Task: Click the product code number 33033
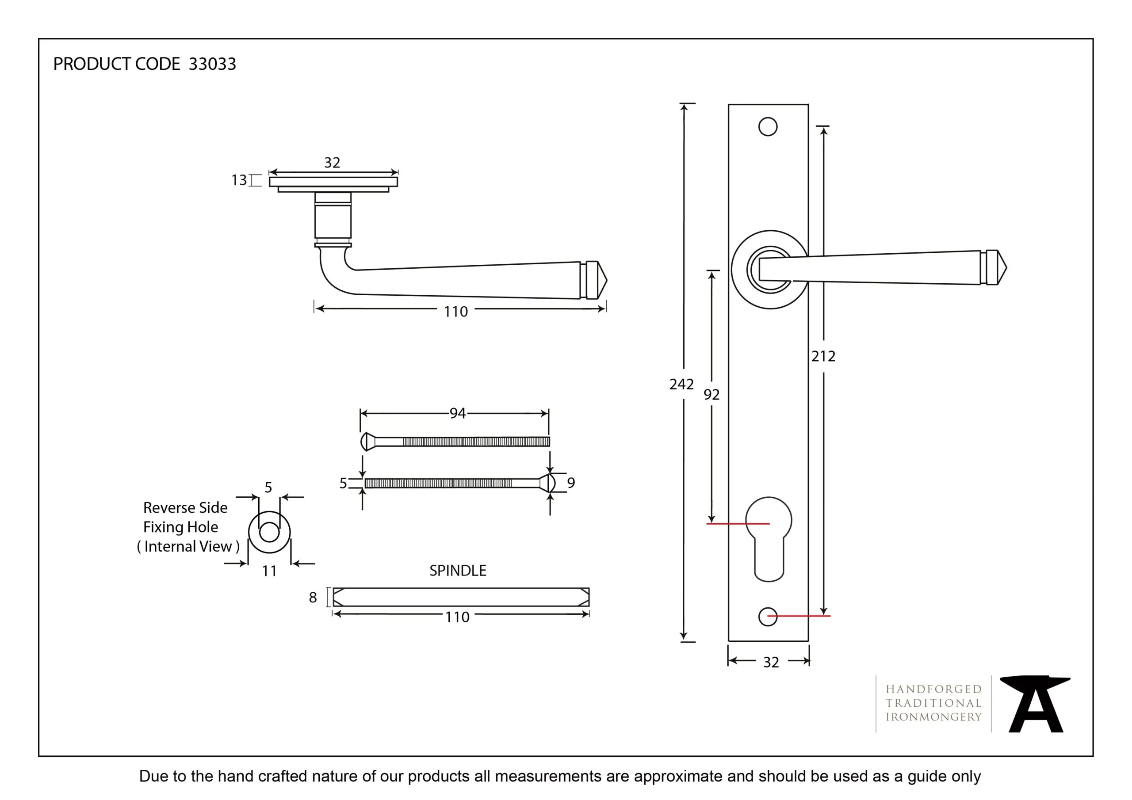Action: point(212,64)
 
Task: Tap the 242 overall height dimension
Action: point(681,384)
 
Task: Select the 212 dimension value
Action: point(823,356)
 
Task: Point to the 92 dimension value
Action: point(711,394)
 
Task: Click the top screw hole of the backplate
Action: point(768,127)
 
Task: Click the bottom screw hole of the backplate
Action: point(768,617)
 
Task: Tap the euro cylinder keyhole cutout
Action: point(769,537)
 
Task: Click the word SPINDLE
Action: point(458,571)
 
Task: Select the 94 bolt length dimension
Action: point(458,413)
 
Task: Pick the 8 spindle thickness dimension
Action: point(313,598)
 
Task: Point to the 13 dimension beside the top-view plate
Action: point(239,180)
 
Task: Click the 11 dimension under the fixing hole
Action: point(269,571)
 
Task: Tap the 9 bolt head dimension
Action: point(571,483)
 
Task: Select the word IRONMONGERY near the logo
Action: point(934,717)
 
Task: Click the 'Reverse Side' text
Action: point(185,508)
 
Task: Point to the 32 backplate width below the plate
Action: point(771,663)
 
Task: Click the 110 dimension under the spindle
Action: point(458,617)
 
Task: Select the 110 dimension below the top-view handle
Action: point(455,312)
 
